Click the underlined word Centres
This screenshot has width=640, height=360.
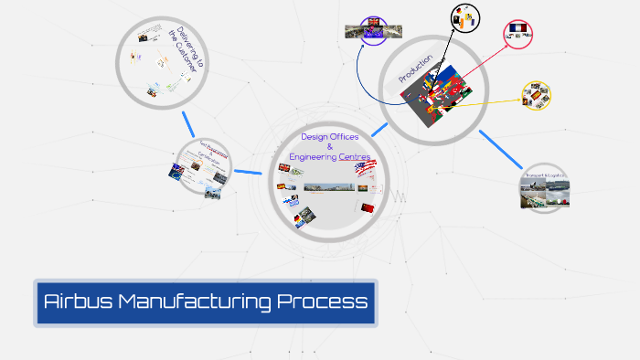(x=355, y=157)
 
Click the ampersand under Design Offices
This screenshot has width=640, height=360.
(x=329, y=147)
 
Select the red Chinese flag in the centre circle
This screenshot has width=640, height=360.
(x=368, y=208)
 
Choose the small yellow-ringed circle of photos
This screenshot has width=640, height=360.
(x=535, y=95)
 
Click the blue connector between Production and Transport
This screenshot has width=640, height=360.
(x=500, y=149)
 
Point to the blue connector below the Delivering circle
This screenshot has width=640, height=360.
(x=189, y=123)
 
